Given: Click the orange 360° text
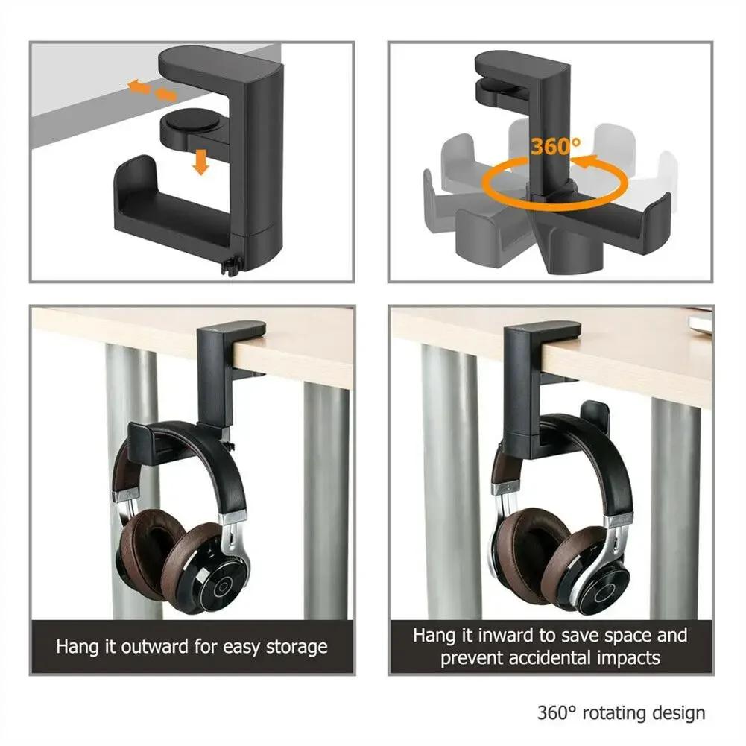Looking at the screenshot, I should pyautogui.click(x=556, y=146).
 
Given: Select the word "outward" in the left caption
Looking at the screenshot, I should pyautogui.click(x=154, y=646).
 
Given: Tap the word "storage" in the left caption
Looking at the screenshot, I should pyautogui.click(x=295, y=646).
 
